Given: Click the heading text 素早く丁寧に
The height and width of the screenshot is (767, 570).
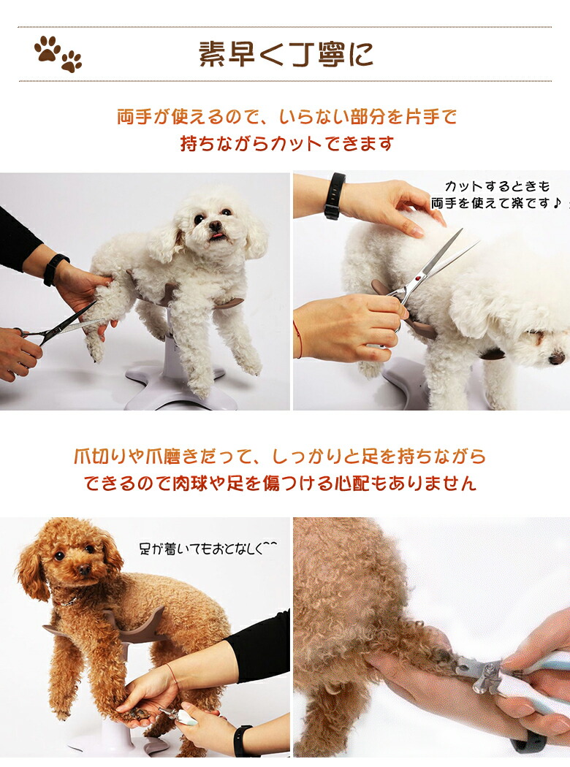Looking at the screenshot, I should click(286, 54).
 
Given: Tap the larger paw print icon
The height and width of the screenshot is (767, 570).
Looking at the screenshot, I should click(47, 48).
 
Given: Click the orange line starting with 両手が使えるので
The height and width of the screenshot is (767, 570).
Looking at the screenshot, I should click(286, 117).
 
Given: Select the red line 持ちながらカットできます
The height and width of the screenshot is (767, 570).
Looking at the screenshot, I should click(286, 144).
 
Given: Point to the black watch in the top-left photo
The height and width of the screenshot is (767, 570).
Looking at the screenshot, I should click(55, 269).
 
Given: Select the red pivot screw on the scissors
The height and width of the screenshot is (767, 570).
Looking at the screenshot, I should click(419, 278).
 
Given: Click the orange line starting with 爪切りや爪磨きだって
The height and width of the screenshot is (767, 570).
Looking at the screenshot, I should click(279, 457).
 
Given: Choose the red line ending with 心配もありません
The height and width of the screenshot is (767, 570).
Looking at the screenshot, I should click(279, 484).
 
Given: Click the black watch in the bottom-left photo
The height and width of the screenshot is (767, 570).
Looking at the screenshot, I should click(240, 740).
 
